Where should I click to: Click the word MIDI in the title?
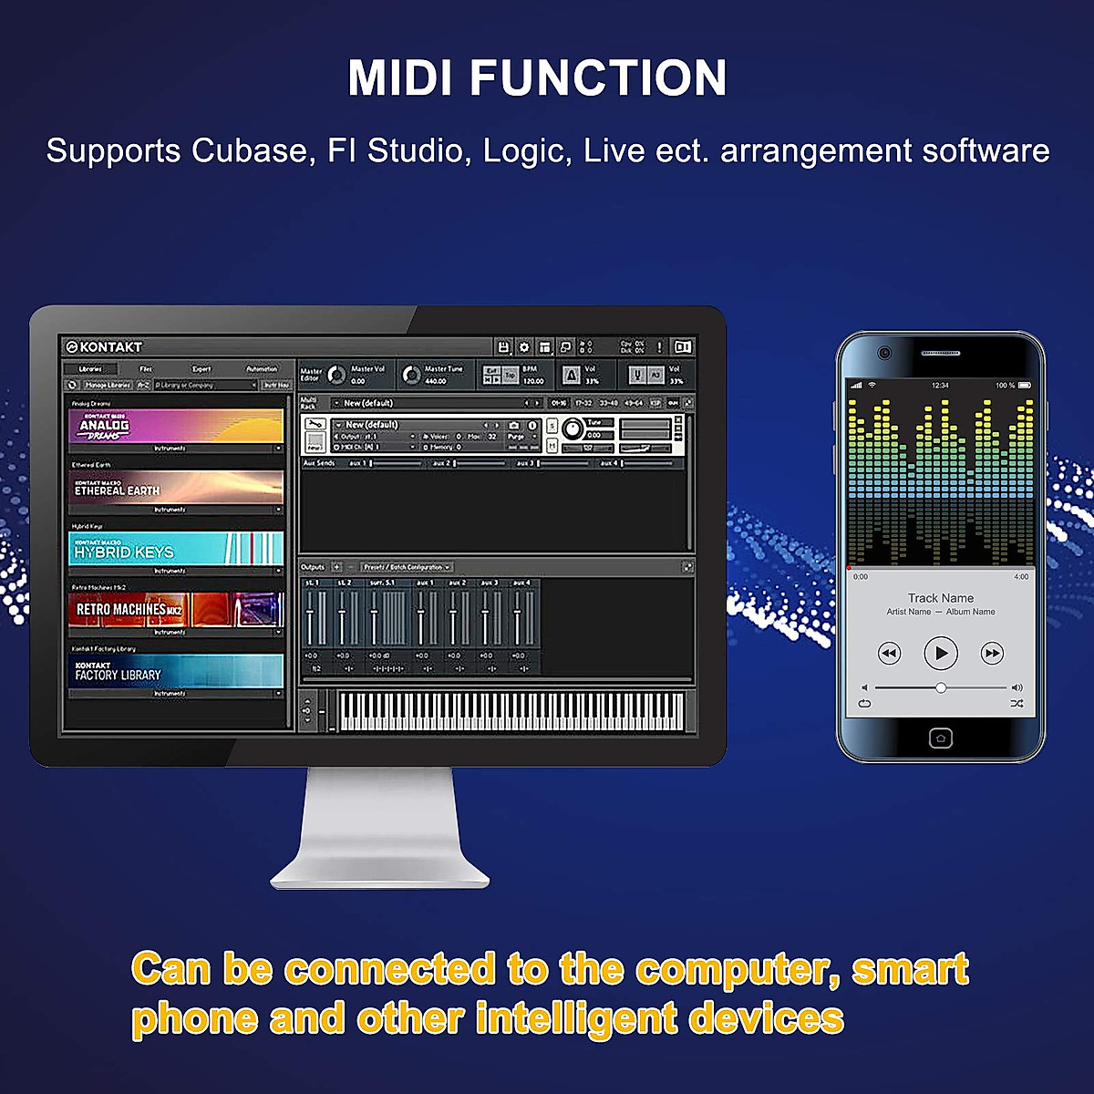(x=400, y=77)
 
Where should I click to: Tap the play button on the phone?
(x=941, y=653)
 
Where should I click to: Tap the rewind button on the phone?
(x=889, y=653)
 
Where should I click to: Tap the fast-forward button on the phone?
(x=992, y=653)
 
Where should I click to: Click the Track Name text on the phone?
(x=941, y=598)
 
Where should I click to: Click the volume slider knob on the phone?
(x=941, y=687)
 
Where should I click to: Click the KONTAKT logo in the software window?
(x=104, y=346)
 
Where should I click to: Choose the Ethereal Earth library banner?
(x=176, y=488)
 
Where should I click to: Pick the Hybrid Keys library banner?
(x=176, y=550)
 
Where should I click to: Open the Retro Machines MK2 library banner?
(x=176, y=609)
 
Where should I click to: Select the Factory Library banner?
(x=176, y=672)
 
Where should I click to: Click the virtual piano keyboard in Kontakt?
(x=511, y=711)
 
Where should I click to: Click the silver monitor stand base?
(x=380, y=876)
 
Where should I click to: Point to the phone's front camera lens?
(x=883, y=353)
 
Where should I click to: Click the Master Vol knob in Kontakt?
(x=336, y=375)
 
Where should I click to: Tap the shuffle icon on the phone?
(x=1017, y=704)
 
